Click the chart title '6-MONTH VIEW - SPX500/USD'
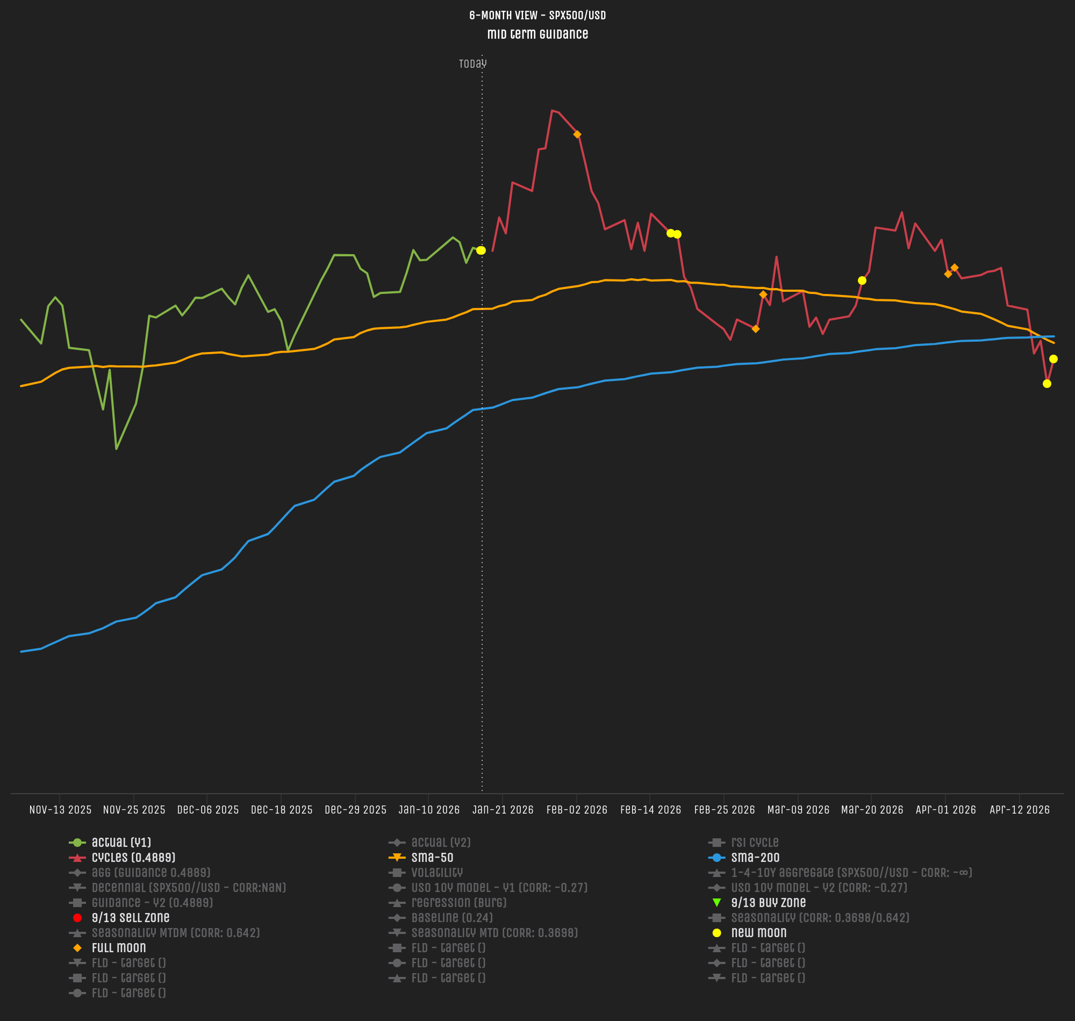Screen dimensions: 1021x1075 tap(537, 15)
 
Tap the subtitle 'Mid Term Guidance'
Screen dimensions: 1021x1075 tap(537, 34)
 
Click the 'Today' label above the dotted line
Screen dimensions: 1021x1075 tap(472, 63)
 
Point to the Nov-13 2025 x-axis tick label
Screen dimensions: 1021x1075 tap(60, 810)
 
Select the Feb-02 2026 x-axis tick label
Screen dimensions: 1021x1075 tap(576, 810)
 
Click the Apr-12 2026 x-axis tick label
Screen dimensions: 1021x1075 tap(1020, 810)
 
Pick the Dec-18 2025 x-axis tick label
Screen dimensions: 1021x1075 tap(282, 810)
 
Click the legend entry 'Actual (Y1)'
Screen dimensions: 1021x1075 tap(121, 843)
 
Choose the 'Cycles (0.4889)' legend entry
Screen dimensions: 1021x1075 tap(133, 858)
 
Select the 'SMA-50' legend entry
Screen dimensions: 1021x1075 tap(432, 858)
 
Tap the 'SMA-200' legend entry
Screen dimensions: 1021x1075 tap(755, 858)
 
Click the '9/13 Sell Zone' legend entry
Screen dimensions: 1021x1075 tap(131, 918)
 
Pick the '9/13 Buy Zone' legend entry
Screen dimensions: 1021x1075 tap(768, 903)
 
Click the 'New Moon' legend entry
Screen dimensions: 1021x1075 tap(759, 933)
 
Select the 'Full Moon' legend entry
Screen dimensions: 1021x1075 tap(119, 948)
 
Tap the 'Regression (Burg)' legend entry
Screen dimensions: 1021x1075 tap(459, 903)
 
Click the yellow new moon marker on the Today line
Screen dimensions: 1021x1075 tap(481, 250)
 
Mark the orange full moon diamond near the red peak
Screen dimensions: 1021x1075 tap(577, 134)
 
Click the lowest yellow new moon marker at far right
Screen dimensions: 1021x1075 tap(1047, 384)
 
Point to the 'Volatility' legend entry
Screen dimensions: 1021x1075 tap(436, 873)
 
